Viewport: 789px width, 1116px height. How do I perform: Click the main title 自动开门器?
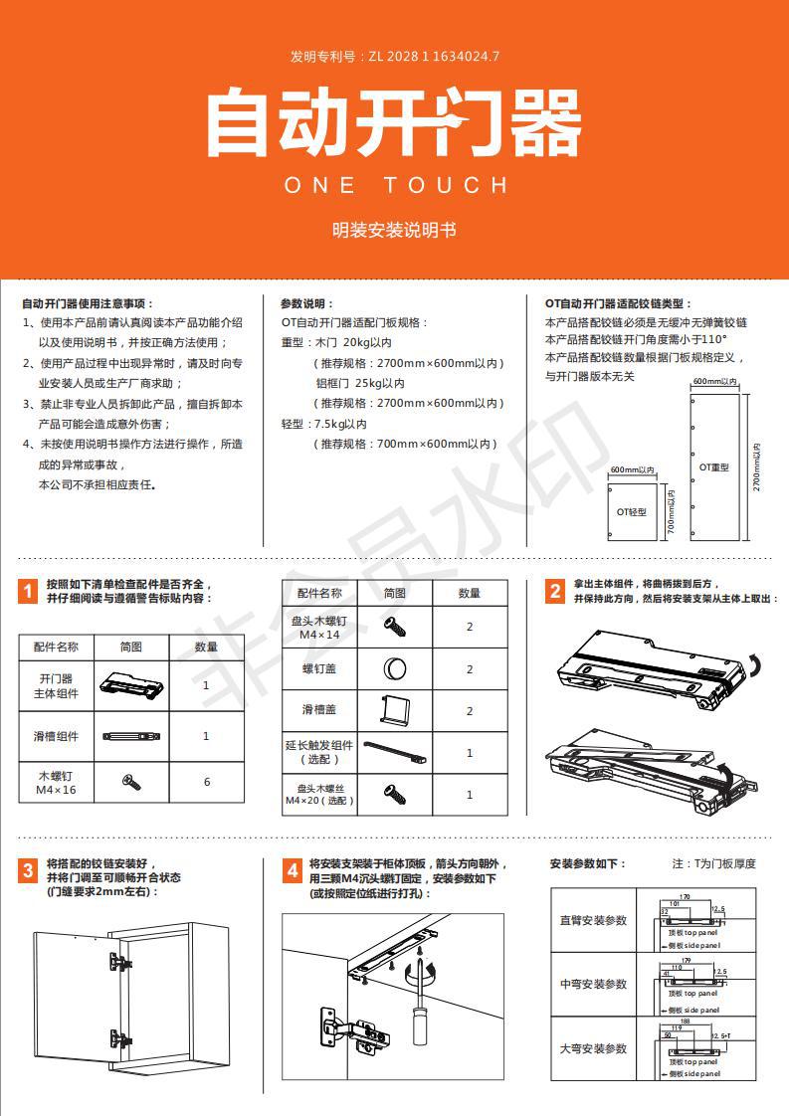(x=394, y=122)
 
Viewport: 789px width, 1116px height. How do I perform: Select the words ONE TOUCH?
(x=395, y=185)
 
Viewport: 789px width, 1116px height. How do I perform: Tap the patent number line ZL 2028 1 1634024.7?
(x=394, y=57)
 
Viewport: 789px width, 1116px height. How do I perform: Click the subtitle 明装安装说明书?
(x=394, y=230)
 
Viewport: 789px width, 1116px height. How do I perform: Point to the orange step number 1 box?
(x=29, y=593)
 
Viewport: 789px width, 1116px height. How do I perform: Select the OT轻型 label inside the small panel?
(x=631, y=511)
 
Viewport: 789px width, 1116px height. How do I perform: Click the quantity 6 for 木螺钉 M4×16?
(x=207, y=782)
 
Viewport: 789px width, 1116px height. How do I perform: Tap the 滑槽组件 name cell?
(x=56, y=736)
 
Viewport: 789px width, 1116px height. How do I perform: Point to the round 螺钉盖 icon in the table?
(x=394, y=669)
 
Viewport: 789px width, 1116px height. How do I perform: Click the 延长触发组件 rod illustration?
(x=394, y=752)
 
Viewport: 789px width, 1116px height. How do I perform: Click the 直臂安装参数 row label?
(x=593, y=920)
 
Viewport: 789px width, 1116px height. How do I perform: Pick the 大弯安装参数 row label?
(x=593, y=1048)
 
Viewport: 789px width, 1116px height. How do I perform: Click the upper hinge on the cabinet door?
(x=118, y=962)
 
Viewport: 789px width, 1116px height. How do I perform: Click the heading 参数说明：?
(x=307, y=303)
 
